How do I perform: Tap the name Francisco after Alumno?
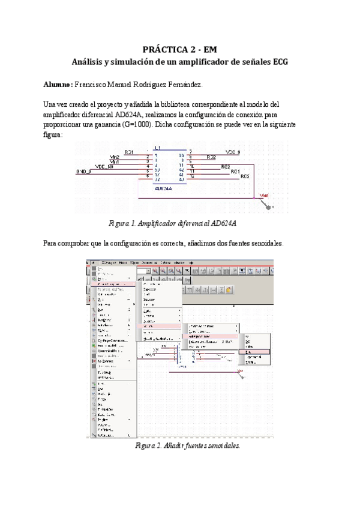click(x=93, y=85)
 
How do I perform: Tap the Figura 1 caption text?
click(x=172, y=223)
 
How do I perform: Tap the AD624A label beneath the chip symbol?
click(x=163, y=188)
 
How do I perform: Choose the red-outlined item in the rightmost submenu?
click(x=257, y=352)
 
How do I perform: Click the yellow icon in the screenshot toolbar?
click(x=229, y=289)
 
